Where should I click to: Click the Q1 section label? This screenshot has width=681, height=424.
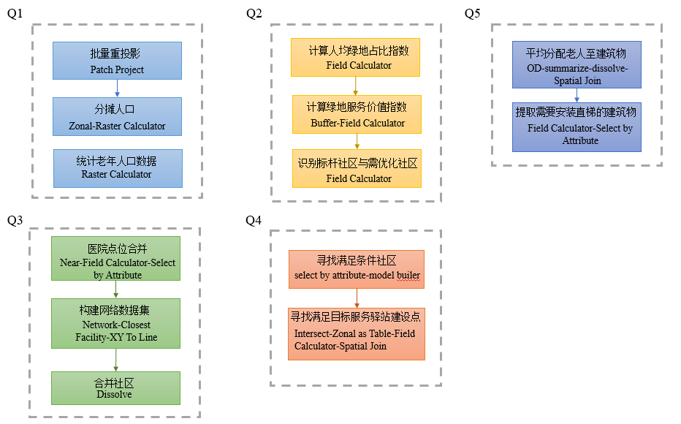coord(15,14)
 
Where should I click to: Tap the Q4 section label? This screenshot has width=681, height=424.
coord(254,219)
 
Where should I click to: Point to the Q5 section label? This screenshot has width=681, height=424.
coord(473,14)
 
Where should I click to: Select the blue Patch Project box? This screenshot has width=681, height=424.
coord(117,61)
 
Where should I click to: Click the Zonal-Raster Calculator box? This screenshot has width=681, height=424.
coord(117,117)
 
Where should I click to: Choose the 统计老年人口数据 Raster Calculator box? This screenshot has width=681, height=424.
coord(117,167)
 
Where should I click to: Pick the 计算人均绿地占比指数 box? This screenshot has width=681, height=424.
coord(357,58)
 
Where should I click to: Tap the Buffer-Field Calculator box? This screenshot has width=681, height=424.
coord(357,114)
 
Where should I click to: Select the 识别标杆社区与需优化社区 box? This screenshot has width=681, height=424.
coord(357,169)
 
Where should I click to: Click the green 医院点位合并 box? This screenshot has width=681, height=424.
coord(115,258)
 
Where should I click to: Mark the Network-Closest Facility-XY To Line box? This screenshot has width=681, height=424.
coord(115,322)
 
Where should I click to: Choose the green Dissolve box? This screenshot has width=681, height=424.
coord(115,387)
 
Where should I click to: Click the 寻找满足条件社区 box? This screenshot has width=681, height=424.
coord(356,268)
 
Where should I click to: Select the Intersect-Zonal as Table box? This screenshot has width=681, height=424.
coord(356,333)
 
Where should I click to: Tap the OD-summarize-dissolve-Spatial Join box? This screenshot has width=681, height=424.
coord(577,65)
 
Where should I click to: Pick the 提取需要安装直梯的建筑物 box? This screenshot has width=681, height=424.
coord(577,126)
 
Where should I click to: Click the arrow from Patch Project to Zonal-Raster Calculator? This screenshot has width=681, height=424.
coord(117,88)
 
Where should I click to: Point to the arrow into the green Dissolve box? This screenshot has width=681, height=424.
coord(115,360)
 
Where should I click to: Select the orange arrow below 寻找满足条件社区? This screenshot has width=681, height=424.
coord(356,297)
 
